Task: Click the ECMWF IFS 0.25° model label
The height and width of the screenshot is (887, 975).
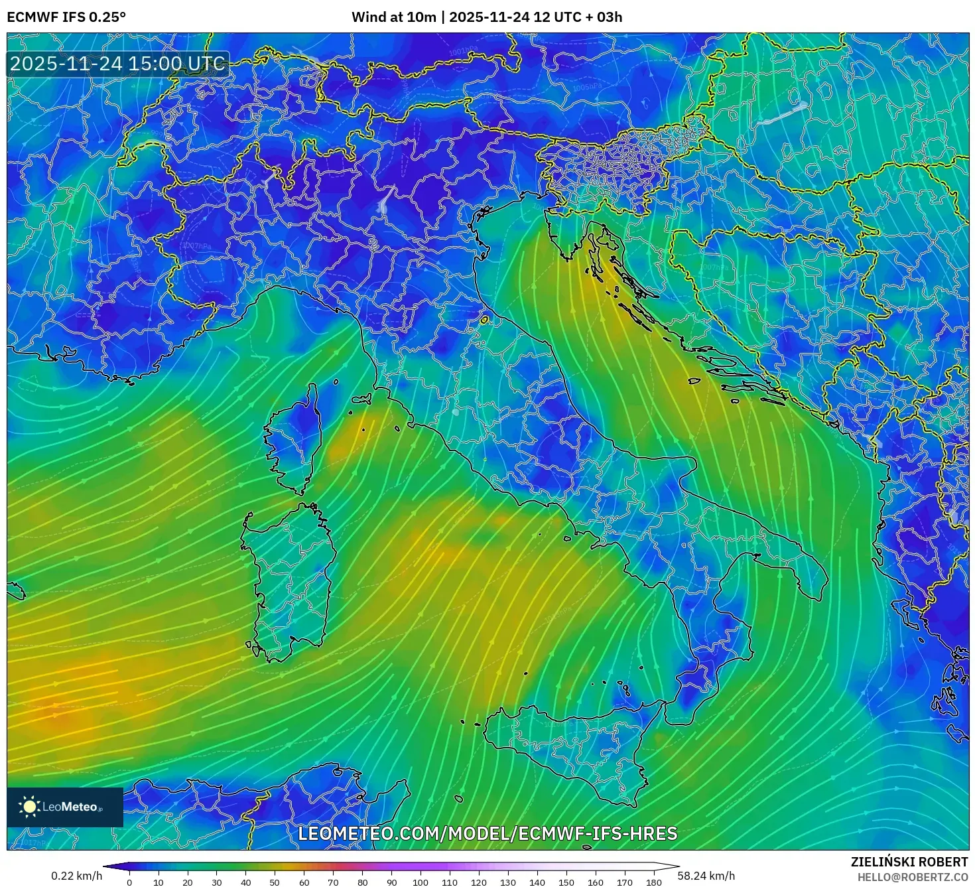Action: click(x=66, y=17)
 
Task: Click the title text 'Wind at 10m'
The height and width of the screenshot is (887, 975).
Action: click(x=393, y=17)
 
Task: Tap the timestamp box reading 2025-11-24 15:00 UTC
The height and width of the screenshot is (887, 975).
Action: click(x=117, y=64)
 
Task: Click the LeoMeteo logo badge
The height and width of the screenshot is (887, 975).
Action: click(x=64, y=807)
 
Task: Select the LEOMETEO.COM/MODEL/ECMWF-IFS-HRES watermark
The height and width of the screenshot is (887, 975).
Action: click(x=487, y=833)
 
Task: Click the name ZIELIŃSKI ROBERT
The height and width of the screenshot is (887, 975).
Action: click(x=909, y=862)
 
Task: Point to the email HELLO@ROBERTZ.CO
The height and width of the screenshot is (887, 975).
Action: click(x=912, y=877)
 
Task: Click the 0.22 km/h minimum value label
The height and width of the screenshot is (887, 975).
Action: click(x=77, y=876)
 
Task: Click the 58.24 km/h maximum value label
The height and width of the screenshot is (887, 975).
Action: click(x=706, y=876)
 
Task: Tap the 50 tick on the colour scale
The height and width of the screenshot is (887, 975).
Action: click(x=275, y=882)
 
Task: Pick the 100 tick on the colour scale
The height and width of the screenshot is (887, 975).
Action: click(x=421, y=882)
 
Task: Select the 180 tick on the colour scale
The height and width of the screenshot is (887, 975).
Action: click(x=654, y=882)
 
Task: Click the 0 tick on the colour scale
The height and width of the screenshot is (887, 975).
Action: click(x=129, y=882)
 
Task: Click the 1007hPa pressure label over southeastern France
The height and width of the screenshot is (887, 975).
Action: click(x=196, y=246)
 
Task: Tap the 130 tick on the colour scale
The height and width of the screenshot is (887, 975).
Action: click(x=508, y=882)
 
